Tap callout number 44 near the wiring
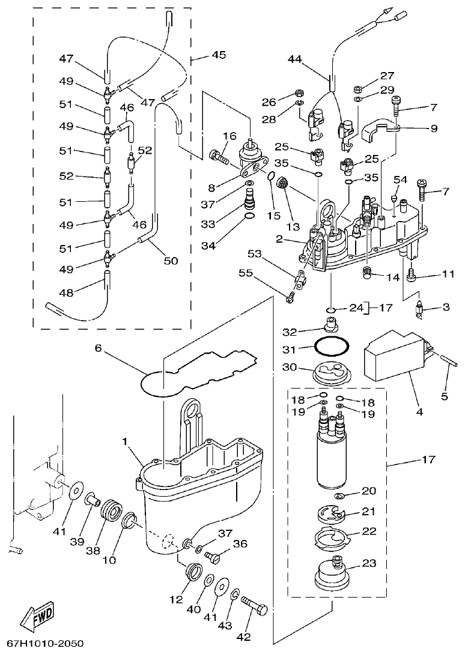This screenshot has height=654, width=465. click(x=294, y=59)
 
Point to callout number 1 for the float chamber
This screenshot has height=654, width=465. click(x=126, y=441)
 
